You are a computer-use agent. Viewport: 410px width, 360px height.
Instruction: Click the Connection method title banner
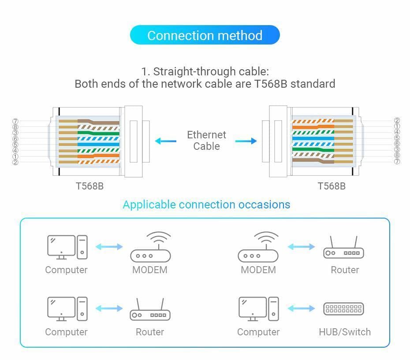pyautogui.click(x=205, y=35)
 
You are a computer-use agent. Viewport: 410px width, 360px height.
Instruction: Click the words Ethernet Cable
pyautogui.click(x=206, y=141)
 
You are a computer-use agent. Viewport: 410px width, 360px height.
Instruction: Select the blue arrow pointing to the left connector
pyautogui.click(x=165, y=141)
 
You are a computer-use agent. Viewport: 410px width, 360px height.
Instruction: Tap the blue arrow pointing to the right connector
pyautogui.click(x=246, y=141)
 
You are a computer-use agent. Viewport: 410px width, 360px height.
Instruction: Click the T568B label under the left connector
pyautogui.click(x=89, y=186)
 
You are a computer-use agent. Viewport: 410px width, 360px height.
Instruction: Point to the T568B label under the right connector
pyautogui.click(x=332, y=186)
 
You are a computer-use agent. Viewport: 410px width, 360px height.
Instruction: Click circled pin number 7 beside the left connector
pyautogui.click(x=15, y=121)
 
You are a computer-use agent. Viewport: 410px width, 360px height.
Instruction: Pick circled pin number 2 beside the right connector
pyautogui.click(x=397, y=121)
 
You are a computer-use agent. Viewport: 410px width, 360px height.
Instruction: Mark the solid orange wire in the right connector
pyautogui.click(x=313, y=127)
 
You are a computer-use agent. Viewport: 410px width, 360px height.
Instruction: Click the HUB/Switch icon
pyautogui.click(x=343, y=309)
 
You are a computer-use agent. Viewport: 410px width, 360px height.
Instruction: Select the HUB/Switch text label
pyautogui.click(x=345, y=332)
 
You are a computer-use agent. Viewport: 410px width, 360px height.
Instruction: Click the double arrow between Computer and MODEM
pyautogui.click(x=109, y=247)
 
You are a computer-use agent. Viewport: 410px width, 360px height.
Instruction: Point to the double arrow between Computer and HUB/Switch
pyautogui.click(x=301, y=308)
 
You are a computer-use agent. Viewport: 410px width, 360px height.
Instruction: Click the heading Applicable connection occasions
pyautogui.click(x=206, y=204)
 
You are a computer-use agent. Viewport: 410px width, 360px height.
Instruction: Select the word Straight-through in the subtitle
pyautogui.click(x=187, y=71)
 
